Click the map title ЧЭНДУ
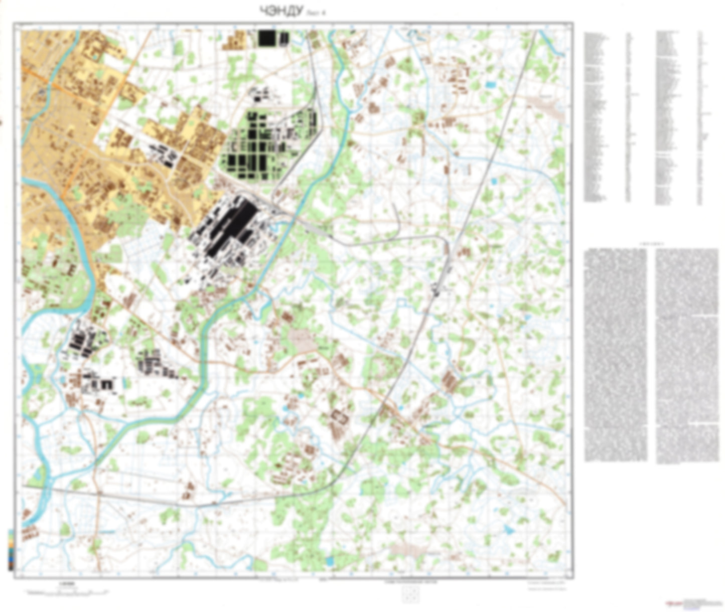point(281,12)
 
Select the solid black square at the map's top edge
point(266,38)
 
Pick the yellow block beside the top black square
point(233,41)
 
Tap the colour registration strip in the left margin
point(11,549)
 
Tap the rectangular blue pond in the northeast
point(491,85)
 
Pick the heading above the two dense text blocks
point(651,244)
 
